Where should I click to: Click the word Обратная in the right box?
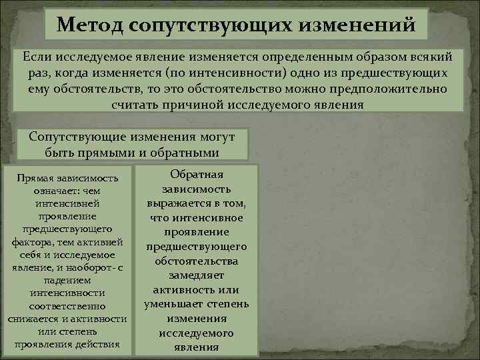pos(197,174)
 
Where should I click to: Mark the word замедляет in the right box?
pos(197,275)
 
